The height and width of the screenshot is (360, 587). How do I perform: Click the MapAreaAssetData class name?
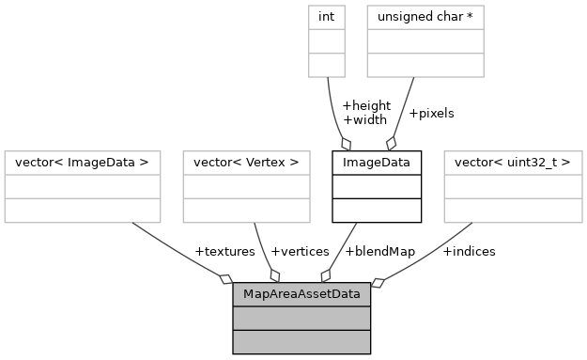301,294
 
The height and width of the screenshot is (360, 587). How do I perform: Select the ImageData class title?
377,163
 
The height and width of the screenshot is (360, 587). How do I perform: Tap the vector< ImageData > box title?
83,163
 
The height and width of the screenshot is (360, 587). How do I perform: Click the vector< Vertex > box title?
246,163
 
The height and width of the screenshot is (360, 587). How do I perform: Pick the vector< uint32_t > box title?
513,163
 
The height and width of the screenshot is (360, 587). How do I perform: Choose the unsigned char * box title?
425,16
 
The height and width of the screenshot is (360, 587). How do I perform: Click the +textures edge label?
224,251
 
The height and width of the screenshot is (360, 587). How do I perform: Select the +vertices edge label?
300,251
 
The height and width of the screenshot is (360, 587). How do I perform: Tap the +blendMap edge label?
380,251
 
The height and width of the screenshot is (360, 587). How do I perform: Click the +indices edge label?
469,251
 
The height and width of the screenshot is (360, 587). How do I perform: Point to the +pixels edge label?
431,113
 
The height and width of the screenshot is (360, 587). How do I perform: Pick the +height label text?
366,105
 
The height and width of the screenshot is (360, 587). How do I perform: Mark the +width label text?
364,119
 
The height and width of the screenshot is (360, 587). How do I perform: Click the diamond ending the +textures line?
225,278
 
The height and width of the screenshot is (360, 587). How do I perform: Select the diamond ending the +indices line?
378,280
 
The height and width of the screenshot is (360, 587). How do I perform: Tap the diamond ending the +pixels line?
392,143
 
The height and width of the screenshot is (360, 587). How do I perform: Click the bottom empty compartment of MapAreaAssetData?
301,341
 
